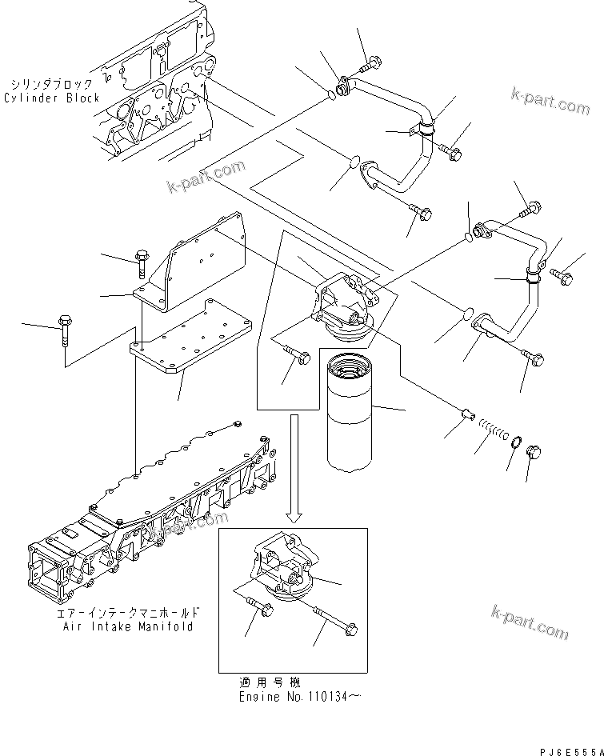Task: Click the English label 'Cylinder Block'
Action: (x=52, y=98)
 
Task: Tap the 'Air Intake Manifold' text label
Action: (x=128, y=626)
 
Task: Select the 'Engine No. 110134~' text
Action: (x=300, y=697)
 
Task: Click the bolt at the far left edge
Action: (x=64, y=328)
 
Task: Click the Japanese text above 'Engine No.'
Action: (x=270, y=682)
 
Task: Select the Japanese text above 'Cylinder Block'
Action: (x=52, y=83)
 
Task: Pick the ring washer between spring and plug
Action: (x=515, y=443)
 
